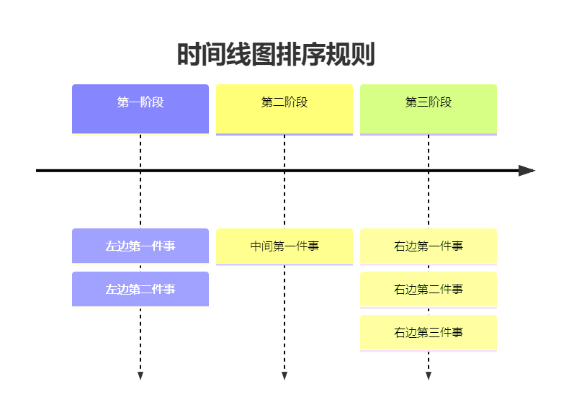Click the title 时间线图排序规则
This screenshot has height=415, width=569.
click(x=276, y=55)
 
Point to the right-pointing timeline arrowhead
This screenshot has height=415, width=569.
click(x=527, y=171)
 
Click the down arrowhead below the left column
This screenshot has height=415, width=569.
click(x=140, y=376)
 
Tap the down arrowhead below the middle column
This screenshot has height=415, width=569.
click(x=284, y=376)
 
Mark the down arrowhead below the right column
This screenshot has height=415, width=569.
click(x=429, y=376)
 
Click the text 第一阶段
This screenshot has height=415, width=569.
click(x=140, y=102)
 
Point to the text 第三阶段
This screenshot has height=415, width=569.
click(x=429, y=102)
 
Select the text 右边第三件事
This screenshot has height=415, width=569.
click(x=429, y=333)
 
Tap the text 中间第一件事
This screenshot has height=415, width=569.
click(x=284, y=246)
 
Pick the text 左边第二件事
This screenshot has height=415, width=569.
click(x=140, y=290)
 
